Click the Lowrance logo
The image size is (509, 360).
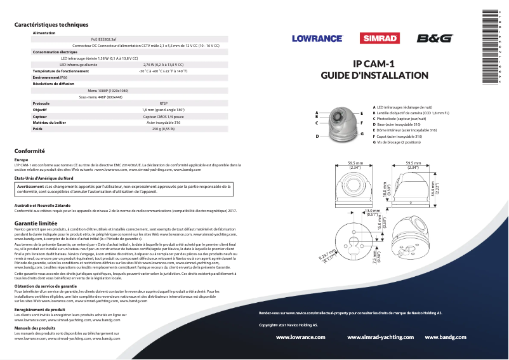pos(317,39)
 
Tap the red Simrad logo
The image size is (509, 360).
pos(380,39)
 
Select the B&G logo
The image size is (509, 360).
pos(435,39)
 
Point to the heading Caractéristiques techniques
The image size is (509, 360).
pos(51,25)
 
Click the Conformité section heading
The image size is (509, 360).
pos(29,151)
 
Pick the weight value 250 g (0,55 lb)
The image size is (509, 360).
pos(163,129)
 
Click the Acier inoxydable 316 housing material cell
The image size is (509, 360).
pos(163,123)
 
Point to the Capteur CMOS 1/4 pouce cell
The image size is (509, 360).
pos(163,116)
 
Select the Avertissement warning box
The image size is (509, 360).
pos(125,189)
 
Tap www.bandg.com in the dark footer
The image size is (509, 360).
pos(449,337)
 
